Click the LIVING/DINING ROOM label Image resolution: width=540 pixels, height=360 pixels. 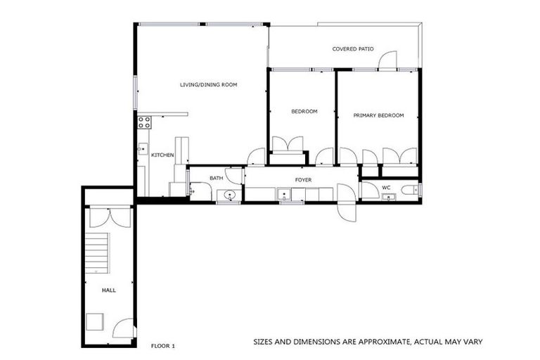pyautogui.click(x=208, y=84)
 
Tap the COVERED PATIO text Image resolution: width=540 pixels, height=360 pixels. pyautogui.click(x=353, y=49)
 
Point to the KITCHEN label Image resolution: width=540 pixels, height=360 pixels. pyautogui.click(x=162, y=155)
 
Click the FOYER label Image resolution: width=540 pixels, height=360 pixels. pyautogui.click(x=303, y=180)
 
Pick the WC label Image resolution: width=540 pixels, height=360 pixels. pyautogui.click(x=386, y=188)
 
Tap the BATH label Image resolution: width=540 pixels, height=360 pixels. pyautogui.click(x=216, y=178)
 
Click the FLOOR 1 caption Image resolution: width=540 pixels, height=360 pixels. pyautogui.click(x=164, y=346)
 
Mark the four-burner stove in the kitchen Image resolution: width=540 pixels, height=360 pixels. pyautogui.click(x=144, y=122)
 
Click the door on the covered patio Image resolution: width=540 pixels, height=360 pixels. pyautogui.click(x=387, y=62)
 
